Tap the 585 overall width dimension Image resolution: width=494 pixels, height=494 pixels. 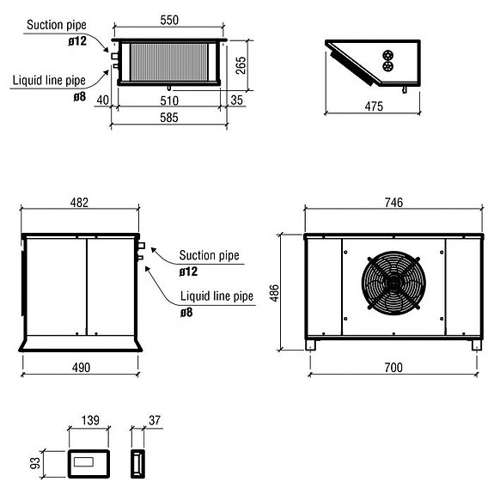pyautogui.click(x=168, y=119)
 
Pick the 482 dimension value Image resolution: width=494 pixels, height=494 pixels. pyautogui.click(x=78, y=203)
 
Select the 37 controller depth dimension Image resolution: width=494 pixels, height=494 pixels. pyautogui.click(x=155, y=420)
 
